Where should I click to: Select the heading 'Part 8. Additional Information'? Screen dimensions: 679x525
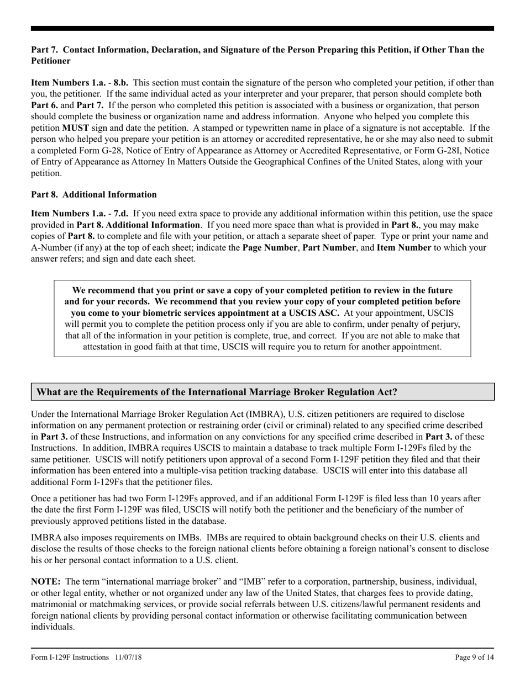[93, 194]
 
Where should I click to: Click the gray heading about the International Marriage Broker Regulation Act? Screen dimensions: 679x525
[217, 392]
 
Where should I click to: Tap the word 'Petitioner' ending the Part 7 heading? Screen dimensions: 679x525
[51, 61]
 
